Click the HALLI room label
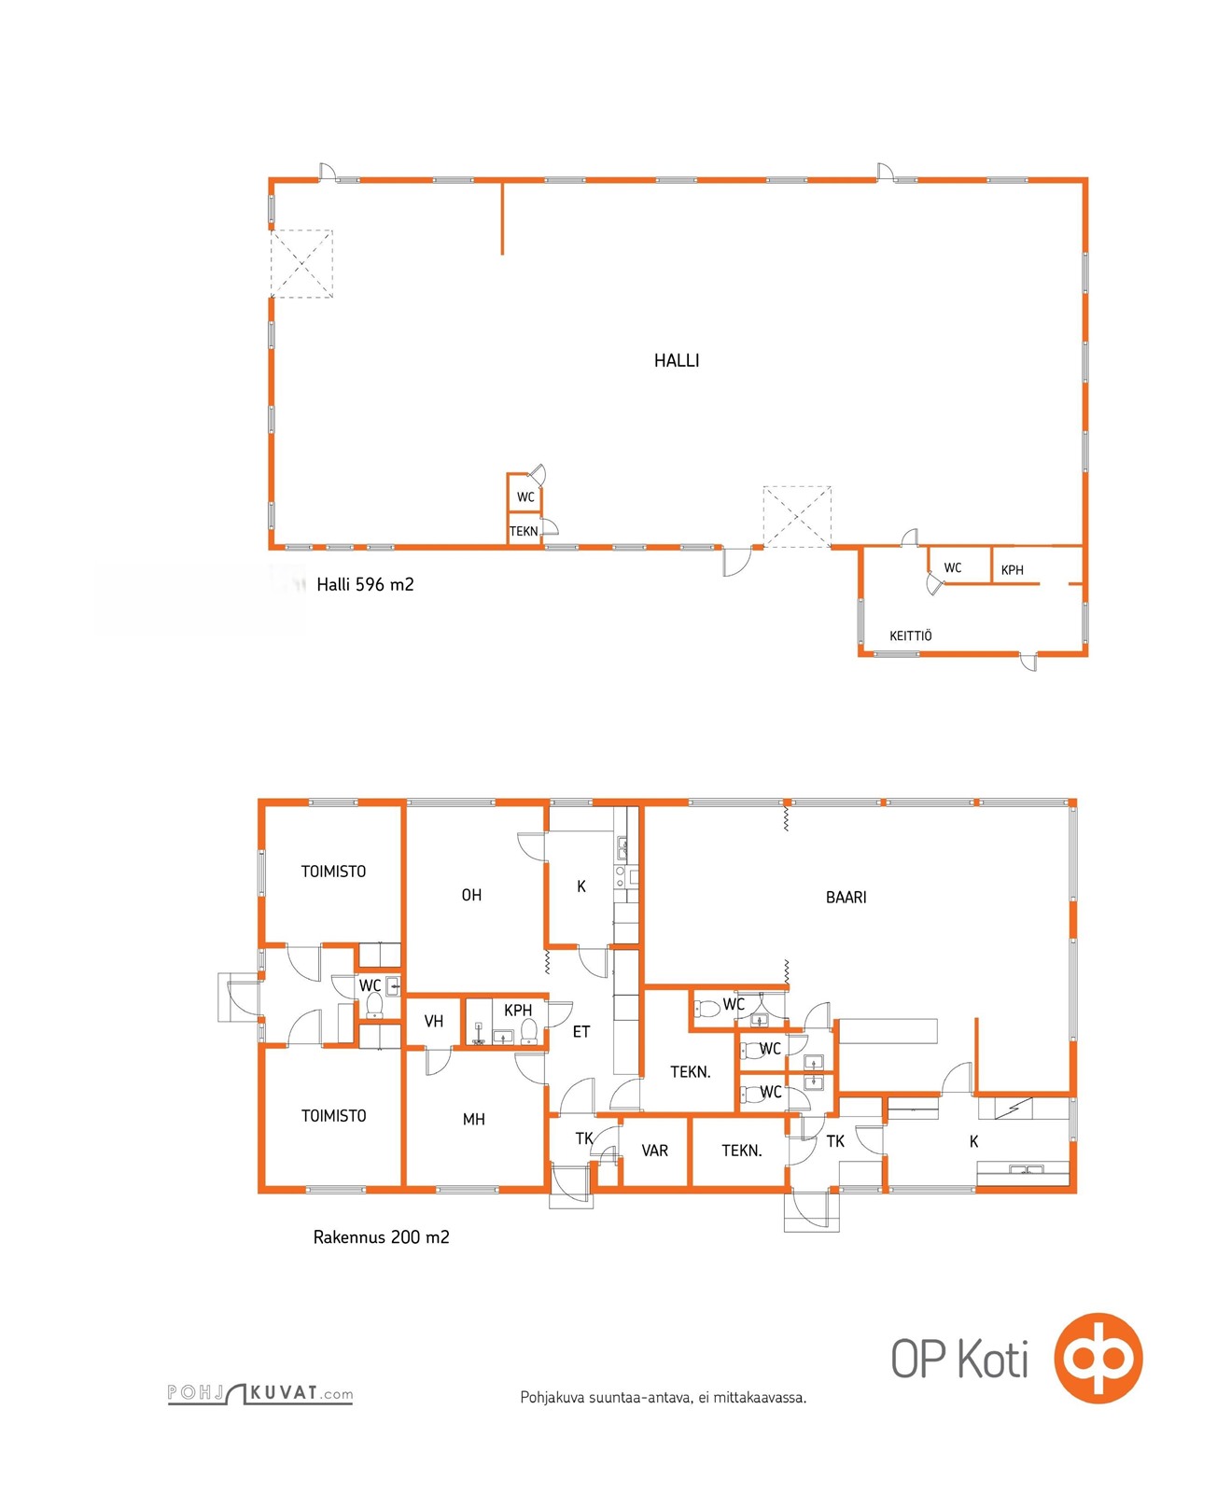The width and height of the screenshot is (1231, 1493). (x=677, y=361)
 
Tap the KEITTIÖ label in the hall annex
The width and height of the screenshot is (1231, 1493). (x=910, y=636)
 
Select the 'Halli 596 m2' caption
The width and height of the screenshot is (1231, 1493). (x=365, y=585)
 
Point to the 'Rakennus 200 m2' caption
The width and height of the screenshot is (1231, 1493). (x=381, y=1237)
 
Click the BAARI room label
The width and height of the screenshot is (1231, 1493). (x=846, y=898)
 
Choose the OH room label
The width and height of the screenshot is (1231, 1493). (x=471, y=896)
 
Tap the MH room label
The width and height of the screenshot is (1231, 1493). (x=473, y=1120)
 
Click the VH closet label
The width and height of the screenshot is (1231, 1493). (x=434, y=1022)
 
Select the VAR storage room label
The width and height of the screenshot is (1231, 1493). (x=654, y=1151)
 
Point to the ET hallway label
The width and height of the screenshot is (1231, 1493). (x=581, y=1032)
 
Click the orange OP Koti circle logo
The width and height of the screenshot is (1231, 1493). (x=1098, y=1358)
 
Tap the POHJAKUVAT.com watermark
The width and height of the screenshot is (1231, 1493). (x=260, y=1393)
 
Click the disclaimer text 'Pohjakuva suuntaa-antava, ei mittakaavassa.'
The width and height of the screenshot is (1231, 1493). (x=663, y=1398)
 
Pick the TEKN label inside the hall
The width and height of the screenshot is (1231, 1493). (x=524, y=532)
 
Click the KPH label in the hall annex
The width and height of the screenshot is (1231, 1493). (x=1012, y=570)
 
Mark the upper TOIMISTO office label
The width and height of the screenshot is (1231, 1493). (x=333, y=872)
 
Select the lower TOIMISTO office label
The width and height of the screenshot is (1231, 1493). (x=333, y=1116)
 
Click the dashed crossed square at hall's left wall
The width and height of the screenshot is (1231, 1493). (x=301, y=264)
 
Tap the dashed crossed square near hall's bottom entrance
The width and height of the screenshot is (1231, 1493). (x=797, y=517)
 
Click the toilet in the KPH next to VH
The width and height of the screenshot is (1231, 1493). (x=529, y=1030)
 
